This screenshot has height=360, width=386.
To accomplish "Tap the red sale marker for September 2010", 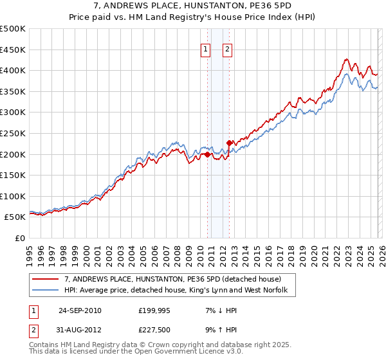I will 207,154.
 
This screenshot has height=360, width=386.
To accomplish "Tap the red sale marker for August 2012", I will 229,143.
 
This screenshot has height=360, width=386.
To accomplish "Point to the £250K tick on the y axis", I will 14,133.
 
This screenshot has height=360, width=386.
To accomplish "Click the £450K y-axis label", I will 14,50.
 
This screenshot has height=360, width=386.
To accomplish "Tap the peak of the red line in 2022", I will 346,59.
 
